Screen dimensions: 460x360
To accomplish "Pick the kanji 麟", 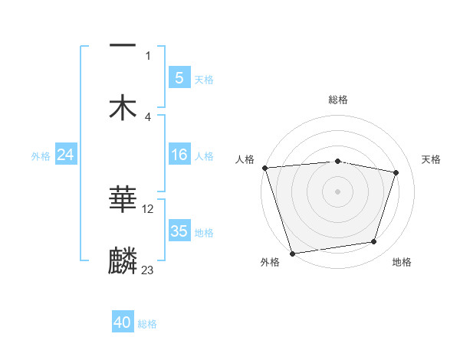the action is (123, 260).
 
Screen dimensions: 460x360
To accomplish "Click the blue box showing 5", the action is (179, 77).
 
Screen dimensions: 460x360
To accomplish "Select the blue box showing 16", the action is (179, 155).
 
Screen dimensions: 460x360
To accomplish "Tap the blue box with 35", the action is (179, 231).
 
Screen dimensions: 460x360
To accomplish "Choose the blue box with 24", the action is (65, 155).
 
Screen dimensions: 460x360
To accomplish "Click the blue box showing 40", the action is (123, 322).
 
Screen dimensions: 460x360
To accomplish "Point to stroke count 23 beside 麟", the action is (147, 270).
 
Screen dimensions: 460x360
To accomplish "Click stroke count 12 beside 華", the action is (148, 208).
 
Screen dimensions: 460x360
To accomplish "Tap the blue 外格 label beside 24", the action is (41, 155).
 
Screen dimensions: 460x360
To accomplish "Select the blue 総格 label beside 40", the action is (147, 324).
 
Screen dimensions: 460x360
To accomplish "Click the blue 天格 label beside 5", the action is (204, 79).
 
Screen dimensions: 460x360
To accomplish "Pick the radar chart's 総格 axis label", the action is (338, 100).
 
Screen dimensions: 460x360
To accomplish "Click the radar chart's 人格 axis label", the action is (245, 159).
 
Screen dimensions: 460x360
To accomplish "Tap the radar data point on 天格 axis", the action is (396, 172).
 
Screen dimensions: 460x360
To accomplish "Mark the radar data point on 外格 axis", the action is (292, 253).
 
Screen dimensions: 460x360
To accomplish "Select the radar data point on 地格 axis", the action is (374, 242).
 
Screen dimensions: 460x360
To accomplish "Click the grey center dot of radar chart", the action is (337, 191).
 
